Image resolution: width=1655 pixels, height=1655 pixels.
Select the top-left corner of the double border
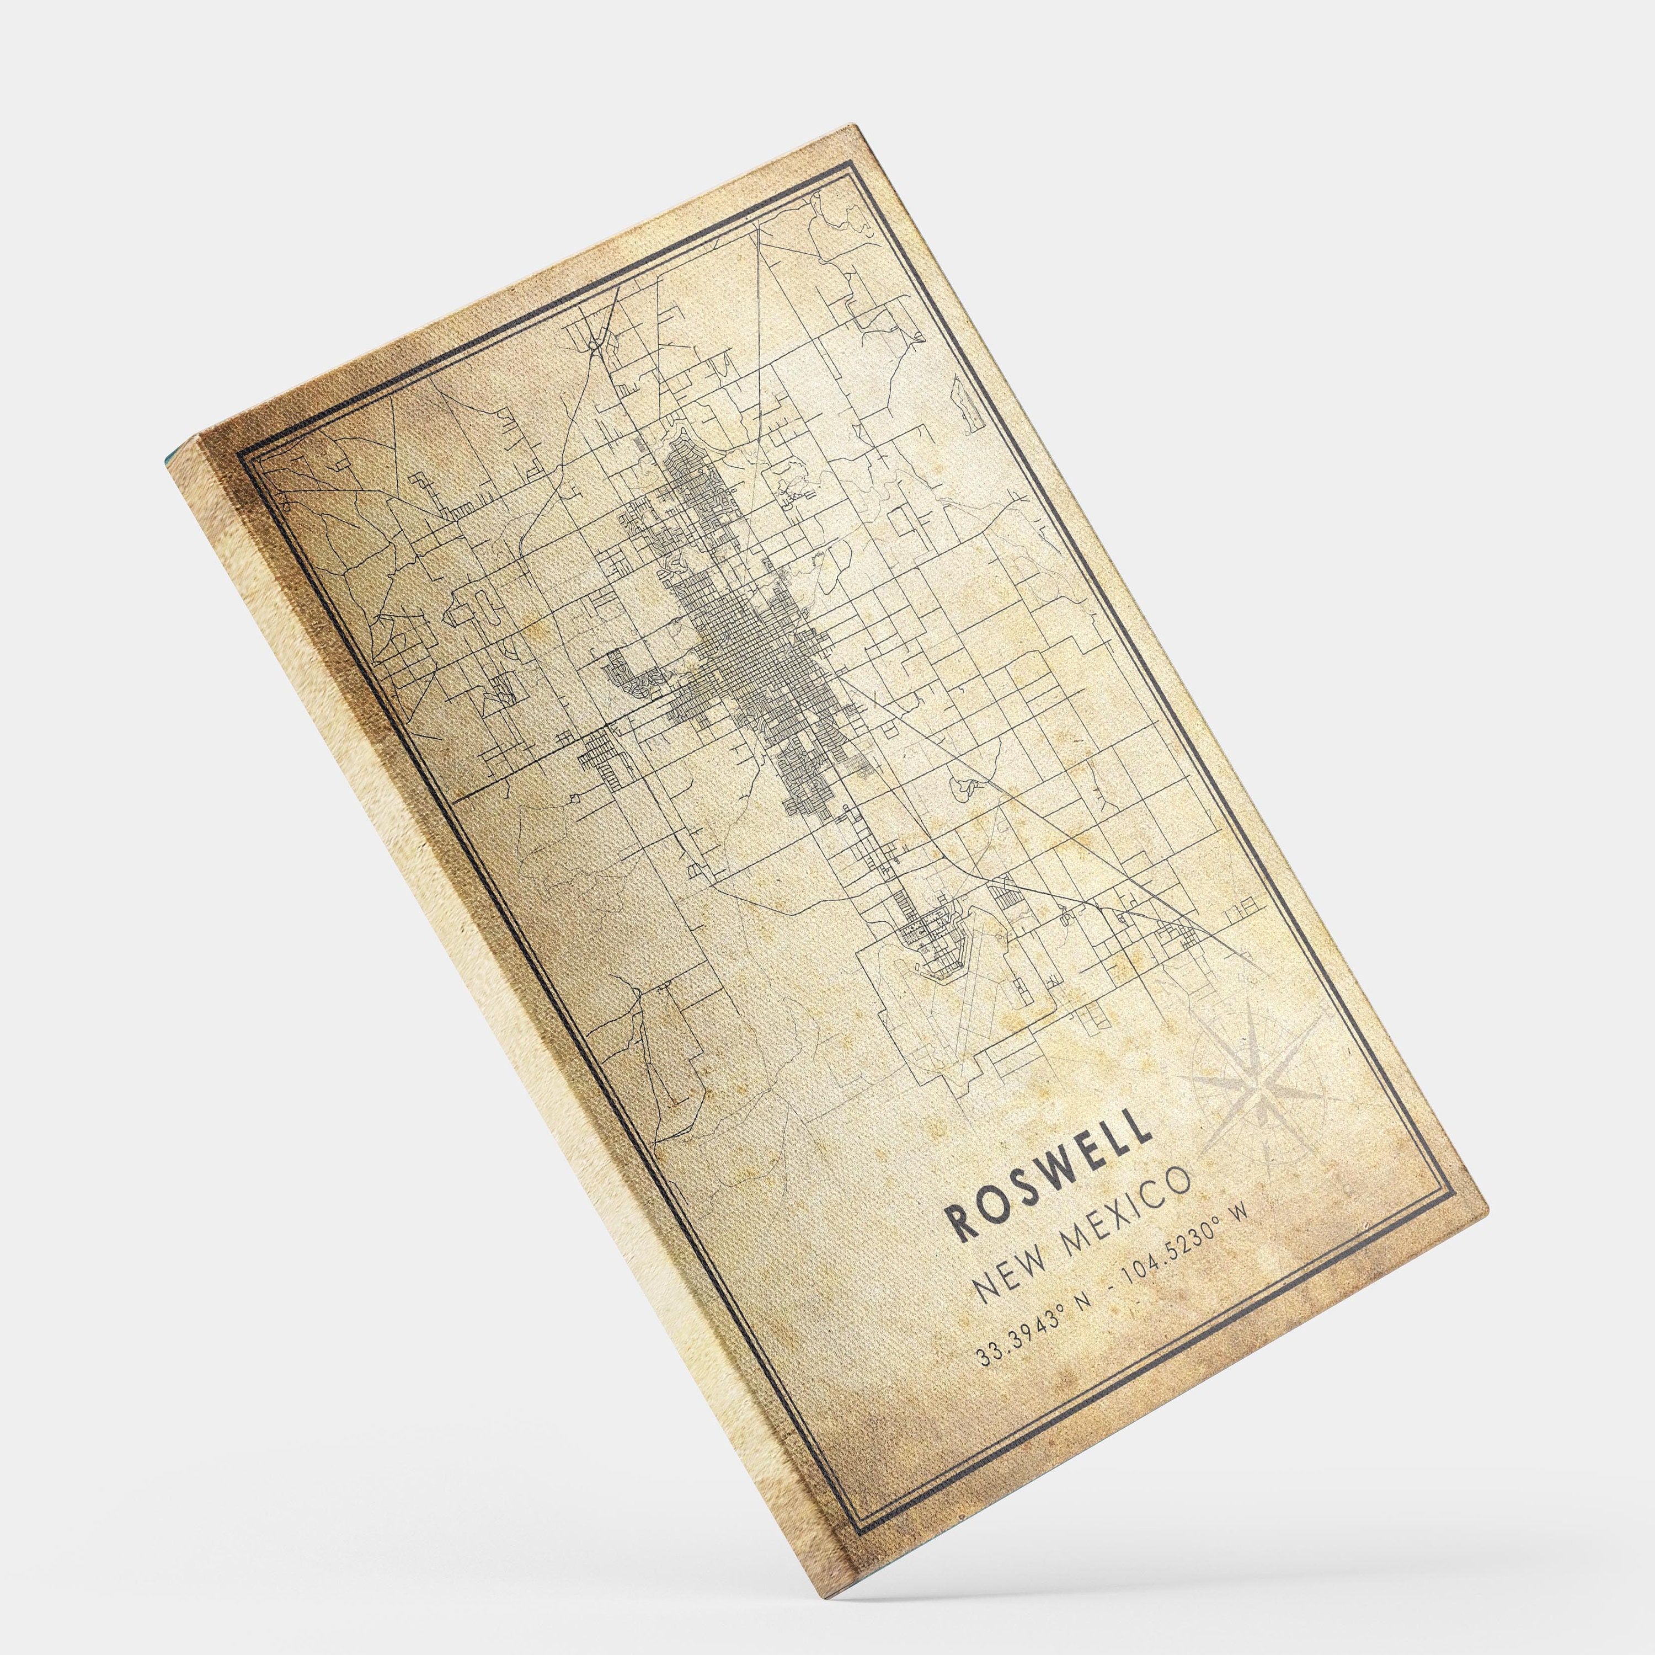click(x=242, y=463)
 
